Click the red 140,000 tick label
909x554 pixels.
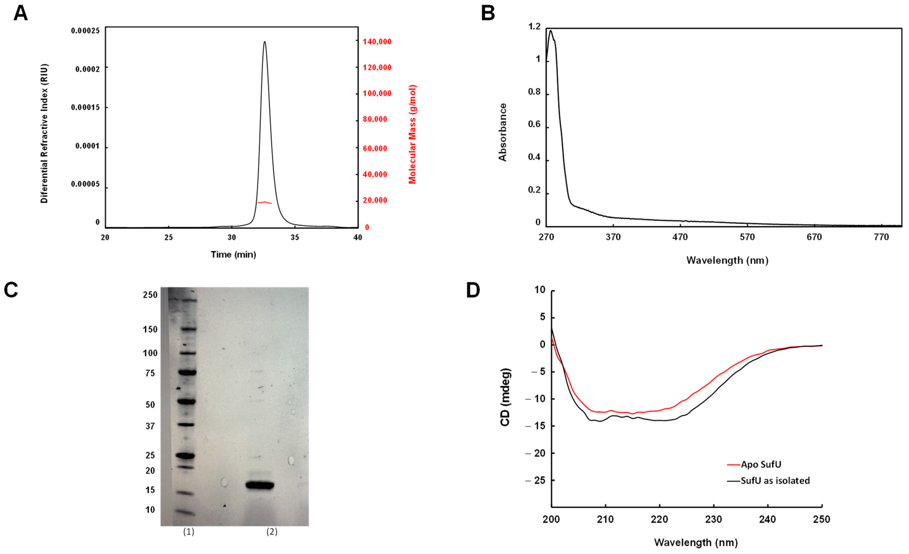coord(377,42)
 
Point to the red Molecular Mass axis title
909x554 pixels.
coord(412,134)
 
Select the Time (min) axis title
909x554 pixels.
coord(233,254)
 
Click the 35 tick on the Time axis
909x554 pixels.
coord(294,237)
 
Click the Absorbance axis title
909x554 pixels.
coord(502,132)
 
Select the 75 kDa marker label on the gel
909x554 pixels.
coord(150,373)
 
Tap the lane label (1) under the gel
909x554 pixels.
coord(188,532)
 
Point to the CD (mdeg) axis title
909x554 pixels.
coord(505,397)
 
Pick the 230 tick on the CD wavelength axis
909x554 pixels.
coord(714,519)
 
